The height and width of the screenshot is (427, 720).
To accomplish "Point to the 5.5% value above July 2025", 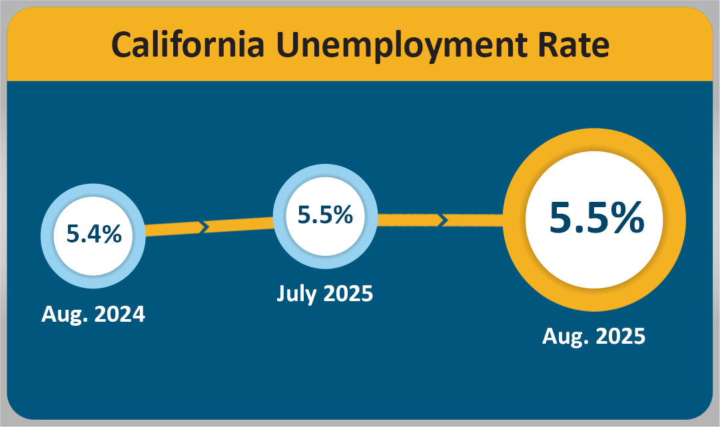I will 325,215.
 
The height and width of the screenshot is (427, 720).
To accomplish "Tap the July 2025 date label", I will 325,293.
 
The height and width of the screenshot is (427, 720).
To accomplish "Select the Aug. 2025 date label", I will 593,336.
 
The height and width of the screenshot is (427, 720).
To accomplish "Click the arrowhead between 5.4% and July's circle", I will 205,226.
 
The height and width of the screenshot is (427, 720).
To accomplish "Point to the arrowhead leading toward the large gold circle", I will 441,219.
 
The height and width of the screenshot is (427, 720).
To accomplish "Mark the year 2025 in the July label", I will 349,293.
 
